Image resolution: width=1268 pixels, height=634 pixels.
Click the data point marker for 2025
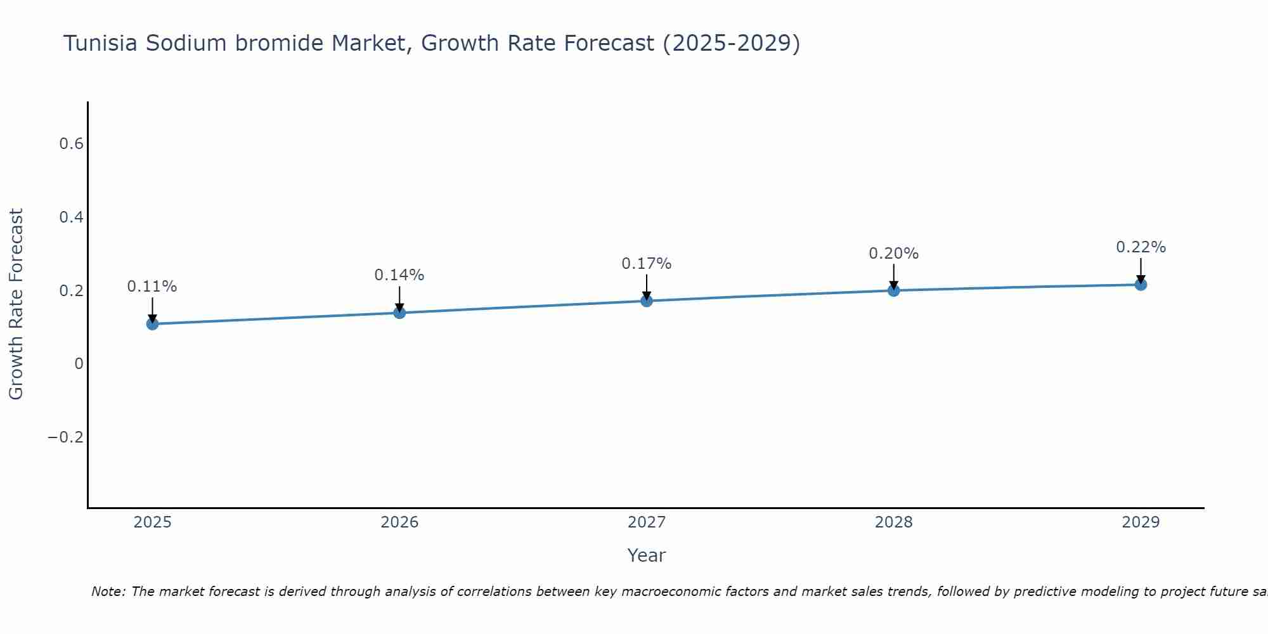(x=152, y=324)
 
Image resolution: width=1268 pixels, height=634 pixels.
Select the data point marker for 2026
(x=399, y=313)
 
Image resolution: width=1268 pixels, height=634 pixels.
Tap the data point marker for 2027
(x=647, y=301)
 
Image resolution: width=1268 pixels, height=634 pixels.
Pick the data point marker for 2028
(x=893, y=290)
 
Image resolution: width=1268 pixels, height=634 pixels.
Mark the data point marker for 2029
(x=1141, y=285)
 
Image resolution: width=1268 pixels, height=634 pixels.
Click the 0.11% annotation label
(x=152, y=287)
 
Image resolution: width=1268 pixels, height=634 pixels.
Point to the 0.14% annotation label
(x=399, y=275)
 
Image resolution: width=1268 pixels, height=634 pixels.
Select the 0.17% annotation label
(x=647, y=264)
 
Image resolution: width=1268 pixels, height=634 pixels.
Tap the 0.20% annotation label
(x=893, y=254)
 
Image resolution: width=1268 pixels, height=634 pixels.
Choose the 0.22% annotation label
(x=1141, y=247)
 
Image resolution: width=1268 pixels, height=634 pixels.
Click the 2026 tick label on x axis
(x=399, y=522)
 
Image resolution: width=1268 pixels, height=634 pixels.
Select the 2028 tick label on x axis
(x=893, y=522)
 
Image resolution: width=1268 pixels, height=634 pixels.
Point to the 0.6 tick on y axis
(x=71, y=144)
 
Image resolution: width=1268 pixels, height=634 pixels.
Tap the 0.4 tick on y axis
(x=71, y=217)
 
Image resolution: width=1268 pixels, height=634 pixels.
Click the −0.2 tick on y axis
(x=65, y=437)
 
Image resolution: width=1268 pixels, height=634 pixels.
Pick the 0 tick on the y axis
(x=79, y=364)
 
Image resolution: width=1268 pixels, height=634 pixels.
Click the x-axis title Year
(x=646, y=555)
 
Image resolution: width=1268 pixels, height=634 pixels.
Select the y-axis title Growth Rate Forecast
(x=16, y=304)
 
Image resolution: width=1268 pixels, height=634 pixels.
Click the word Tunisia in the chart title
(x=101, y=44)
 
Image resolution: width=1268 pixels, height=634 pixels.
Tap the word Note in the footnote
(x=107, y=592)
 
